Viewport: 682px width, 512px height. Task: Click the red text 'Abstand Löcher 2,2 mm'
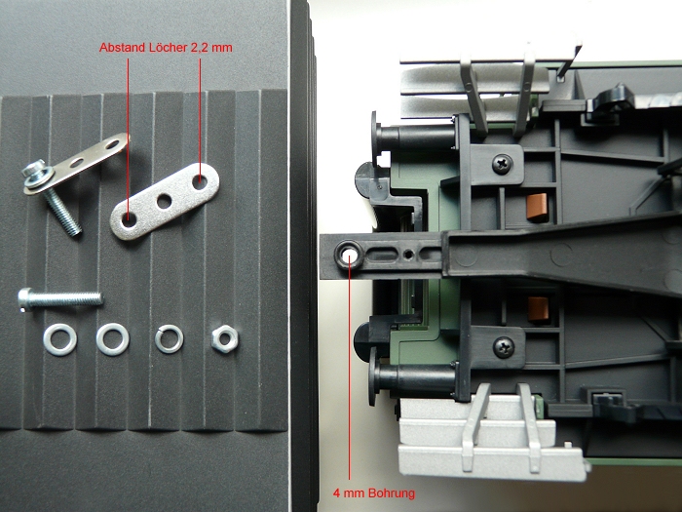(166, 48)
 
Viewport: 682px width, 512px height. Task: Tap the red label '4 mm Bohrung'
(374, 493)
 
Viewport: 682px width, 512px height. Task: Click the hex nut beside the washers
(225, 339)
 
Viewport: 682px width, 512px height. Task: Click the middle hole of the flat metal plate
(164, 201)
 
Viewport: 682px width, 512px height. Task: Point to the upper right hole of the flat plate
(200, 182)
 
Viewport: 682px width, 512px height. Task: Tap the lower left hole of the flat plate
(129, 219)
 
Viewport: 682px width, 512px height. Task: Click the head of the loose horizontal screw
(25, 299)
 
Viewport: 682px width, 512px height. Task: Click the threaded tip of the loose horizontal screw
(98, 298)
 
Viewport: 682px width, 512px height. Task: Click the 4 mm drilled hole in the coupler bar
(349, 256)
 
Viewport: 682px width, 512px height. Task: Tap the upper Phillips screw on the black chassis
(503, 164)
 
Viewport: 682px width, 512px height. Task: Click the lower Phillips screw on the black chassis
(504, 347)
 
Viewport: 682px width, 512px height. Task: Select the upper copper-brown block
(537, 206)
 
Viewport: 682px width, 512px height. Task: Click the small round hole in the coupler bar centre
(407, 254)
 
